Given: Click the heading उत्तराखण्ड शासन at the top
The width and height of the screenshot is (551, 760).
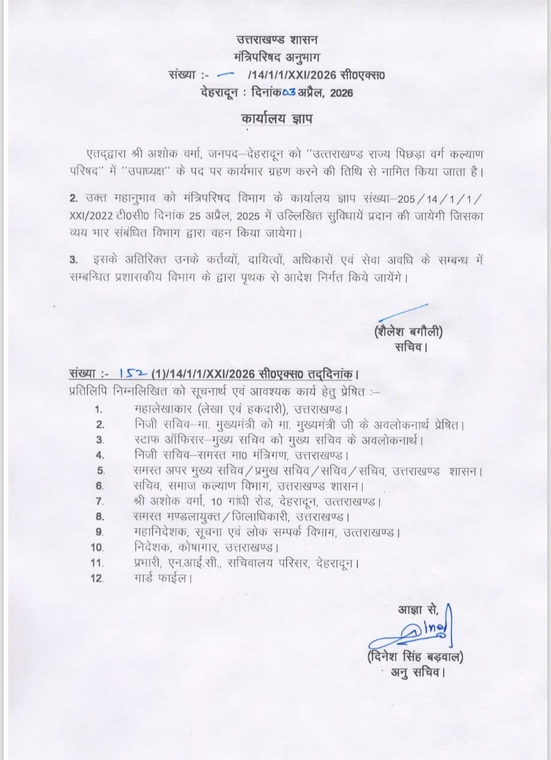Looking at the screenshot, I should click(277, 41).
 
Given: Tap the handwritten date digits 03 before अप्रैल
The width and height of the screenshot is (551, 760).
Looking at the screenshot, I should click(290, 93).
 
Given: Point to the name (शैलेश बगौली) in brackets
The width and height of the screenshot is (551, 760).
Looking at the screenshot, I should click(408, 333).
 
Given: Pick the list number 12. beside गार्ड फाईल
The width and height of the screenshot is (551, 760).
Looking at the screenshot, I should click(98, 578).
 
